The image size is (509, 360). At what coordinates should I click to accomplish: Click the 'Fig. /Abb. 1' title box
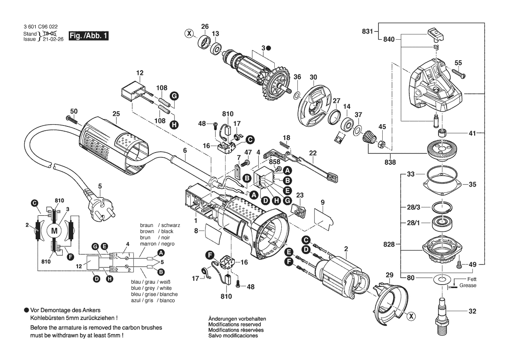[88, 36]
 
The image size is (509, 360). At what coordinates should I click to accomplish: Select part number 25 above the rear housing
[115, 114]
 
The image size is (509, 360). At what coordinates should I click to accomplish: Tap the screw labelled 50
[71, 119]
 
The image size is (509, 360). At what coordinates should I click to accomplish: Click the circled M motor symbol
[54, 230]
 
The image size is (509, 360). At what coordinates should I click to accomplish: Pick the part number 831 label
[367, 31]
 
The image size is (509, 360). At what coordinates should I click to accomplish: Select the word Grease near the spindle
[468, 285]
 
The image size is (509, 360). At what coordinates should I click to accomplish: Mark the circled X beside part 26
[189, 33]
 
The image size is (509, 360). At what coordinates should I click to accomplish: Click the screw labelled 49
[459, 264]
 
